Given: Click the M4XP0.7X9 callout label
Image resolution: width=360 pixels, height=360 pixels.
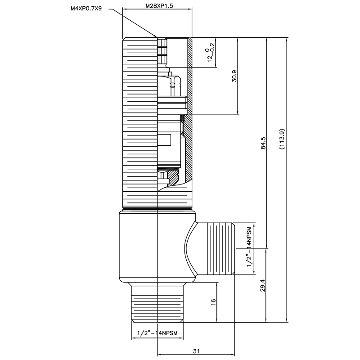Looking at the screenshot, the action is (x=86, y=9).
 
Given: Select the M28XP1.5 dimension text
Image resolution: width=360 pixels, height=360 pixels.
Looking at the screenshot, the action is (x=159, y=6).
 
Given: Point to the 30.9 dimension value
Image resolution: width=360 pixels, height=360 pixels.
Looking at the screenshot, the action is (x=234, y=76).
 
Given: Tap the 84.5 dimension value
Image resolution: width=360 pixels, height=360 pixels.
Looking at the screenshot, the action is (x=263, y=143).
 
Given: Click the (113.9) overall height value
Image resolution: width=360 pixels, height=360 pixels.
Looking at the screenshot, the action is (x=282, y=139).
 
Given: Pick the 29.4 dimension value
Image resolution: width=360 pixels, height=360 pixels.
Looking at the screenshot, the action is (x=263, y=285).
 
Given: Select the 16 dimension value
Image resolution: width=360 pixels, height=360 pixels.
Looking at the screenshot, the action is (x=213, y=301).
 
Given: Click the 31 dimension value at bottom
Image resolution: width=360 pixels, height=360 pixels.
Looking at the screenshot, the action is (x=196, y=351).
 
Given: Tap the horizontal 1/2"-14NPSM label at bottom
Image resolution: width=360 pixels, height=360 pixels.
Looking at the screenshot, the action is (x=157, y=333).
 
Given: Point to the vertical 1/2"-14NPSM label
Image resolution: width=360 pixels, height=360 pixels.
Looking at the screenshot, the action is (x=249, y=247).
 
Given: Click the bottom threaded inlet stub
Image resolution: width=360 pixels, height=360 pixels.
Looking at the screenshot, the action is (x=157, y=302).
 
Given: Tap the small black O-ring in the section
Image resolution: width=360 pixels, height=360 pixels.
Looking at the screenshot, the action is (x=183, y=118).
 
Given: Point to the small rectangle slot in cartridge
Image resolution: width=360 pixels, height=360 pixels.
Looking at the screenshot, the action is (x=164, y=140).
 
